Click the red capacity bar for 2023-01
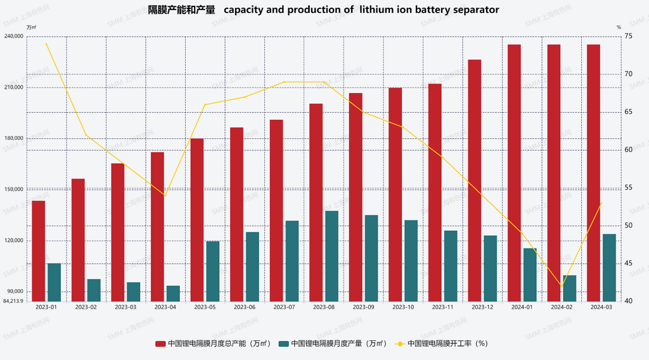click(39, 250)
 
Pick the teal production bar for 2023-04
click(173, 293)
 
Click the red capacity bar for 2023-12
click(475, 180)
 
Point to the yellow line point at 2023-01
click(46, 43)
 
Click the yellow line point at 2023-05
click(205, 105)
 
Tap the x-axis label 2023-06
click(244, 307)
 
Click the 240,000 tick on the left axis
click(14, 36)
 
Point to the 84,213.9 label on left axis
click(13, 301)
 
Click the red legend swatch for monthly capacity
click(160, 344)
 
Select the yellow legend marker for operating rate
click(400, 344)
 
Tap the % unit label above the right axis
click(619, 27)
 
